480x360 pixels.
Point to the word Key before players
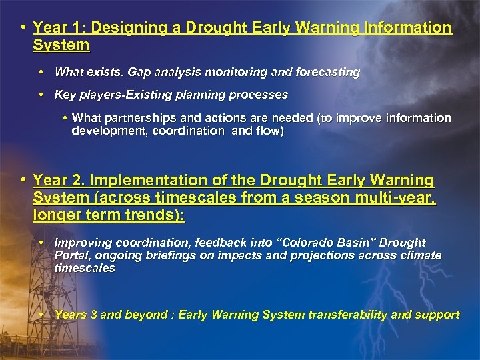(65, 95)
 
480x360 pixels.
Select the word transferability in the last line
(342, 314)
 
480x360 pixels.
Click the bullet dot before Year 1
(23, 28)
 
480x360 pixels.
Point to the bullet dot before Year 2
(23, 180)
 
